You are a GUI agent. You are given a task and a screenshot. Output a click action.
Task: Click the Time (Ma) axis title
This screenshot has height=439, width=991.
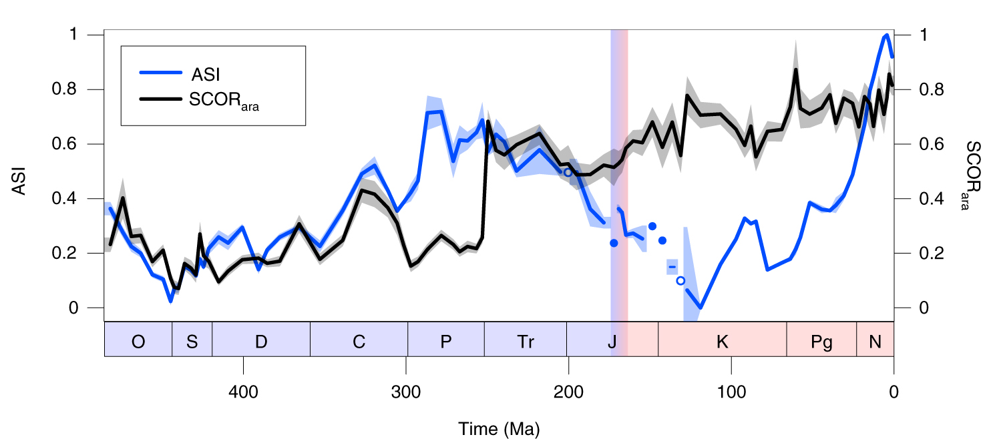pos(499,428)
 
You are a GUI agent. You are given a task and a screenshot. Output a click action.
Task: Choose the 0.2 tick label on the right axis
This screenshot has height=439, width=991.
pos(924,254)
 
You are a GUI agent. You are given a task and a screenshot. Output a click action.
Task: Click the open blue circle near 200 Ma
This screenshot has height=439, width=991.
pos(568,172)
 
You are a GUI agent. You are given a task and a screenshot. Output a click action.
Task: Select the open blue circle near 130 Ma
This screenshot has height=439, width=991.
pos(680,281)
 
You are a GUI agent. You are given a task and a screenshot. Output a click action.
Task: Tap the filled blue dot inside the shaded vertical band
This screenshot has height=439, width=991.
pos(614,243)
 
